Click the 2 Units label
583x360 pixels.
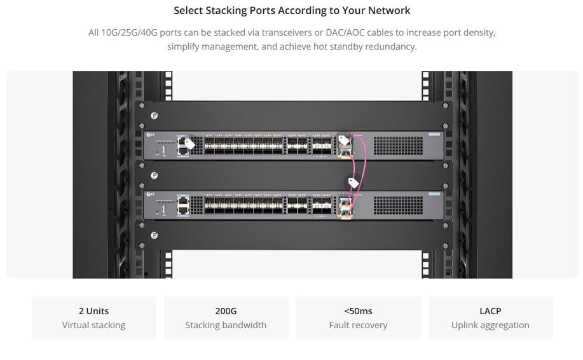(x=93, y=311)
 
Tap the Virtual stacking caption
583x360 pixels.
(x=93, y=325)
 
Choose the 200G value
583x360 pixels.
(x=226, y=311)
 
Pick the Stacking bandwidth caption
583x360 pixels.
(x=226, y=325)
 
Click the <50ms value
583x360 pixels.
(x=358, y=311)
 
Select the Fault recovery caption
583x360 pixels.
(x=358, y=325)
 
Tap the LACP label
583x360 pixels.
(x=490, y=311)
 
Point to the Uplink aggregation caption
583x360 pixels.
(x=490, y=325)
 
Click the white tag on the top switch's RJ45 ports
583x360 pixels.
(x=189, y=144)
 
